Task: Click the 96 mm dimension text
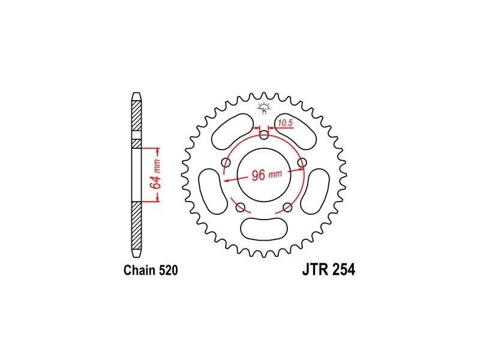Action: (x=266, y=175)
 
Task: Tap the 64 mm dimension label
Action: (x=155, y=175)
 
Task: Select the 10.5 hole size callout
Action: (x=286, y=123)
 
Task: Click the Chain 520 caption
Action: (x=151, y=271)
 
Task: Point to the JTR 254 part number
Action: (x=329, y=269)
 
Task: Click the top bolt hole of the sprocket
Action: (x=264, y=134)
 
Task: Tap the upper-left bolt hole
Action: (x=226, y=162)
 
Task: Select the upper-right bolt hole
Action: (x=302, y=162)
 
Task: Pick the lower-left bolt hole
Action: (x=241, y=207)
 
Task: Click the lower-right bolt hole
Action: (x=287, y=207)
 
